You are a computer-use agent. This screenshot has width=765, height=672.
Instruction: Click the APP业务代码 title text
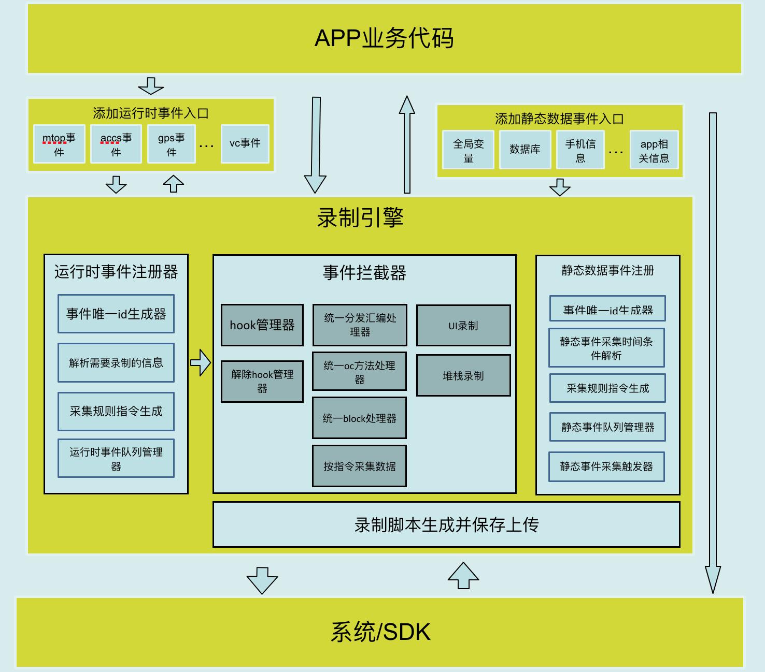(x=384, y=38)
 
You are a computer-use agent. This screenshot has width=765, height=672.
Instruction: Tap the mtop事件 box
(x=59, y=144)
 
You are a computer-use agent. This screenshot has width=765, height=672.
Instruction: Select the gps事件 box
(x=172, y=144)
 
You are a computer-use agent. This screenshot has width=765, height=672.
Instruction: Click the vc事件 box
(x=245, y=143)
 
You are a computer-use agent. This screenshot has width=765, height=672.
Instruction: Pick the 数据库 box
(x=525, y=150)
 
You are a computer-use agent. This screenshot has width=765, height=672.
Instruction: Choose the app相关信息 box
(x=654, y=150)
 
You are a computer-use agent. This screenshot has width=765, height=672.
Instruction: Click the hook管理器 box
(x=262, y=325)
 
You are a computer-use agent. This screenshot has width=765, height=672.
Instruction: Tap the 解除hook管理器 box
(x=262, y=382)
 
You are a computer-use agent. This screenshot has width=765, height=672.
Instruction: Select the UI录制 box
(x=463, y=326)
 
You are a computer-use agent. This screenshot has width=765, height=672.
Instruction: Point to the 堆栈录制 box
(x=463, y=376)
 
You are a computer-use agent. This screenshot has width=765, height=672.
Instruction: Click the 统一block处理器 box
(x=359, y=418)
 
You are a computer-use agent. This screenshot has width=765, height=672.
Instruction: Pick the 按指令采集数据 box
(x=359, y=466)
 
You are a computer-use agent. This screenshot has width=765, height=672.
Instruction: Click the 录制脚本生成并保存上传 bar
(x=446, y=524)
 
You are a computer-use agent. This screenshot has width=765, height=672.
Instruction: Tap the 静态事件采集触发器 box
(x=606, y=466)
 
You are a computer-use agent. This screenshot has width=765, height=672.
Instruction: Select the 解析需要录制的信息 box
(x=116, y=363)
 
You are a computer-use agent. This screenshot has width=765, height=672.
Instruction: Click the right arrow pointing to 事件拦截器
(x=201, y=362)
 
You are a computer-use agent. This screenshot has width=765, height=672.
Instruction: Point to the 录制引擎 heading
(x=360, y=218)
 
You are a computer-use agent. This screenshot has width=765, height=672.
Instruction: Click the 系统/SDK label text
(x=381, y=632)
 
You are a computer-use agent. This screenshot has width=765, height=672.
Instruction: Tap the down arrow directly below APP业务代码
(x=151, y=86)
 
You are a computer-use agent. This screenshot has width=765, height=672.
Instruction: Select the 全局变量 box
(x=468, y=150)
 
